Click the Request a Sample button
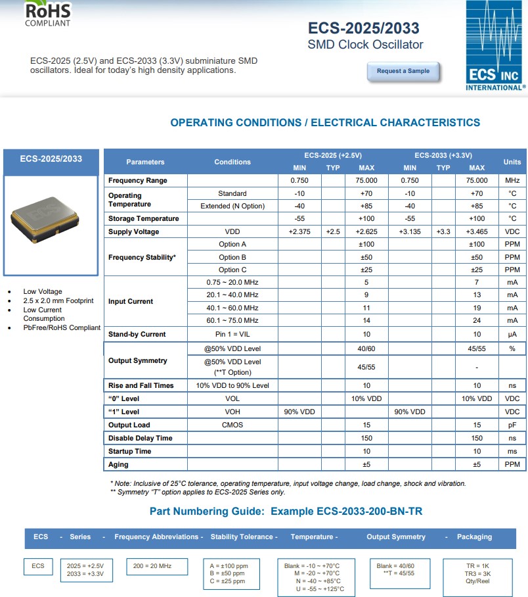[x=403, y=71]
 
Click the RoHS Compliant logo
[x=47, y=13]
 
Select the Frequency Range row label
[x=138, y=180]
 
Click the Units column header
[x=512, y=162]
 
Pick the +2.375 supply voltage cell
[x=299, y=231]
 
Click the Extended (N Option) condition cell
[x=232, y=206]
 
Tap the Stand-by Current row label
[x=137, y=334]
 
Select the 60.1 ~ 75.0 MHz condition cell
[x=232, y=320]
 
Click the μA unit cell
[x=512, y=334]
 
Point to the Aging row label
[x=118, y=464]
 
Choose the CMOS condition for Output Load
[x=232, y=425]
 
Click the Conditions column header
[x=232, y=162]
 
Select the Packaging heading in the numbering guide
[x=474, y=537]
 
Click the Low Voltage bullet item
[x=43, y=291]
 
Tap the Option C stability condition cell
[x=232, y=270]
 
